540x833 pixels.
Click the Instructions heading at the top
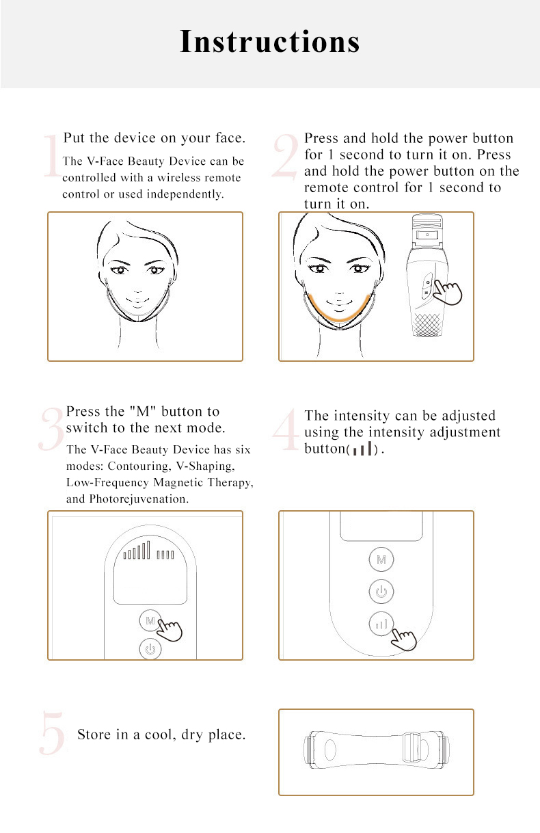tap(269, 42)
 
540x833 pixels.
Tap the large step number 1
tap(51, 157)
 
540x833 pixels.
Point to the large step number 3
tap(51, 430)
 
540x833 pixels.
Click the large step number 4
tap(285, 431)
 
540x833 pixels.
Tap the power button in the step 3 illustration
tap(150, 648)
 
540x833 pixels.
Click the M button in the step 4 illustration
tap(381, 559)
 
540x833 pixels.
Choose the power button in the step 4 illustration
tap(381, 591)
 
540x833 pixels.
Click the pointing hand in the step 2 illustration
tap(448, 293)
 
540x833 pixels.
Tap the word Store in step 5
tap(94, 735)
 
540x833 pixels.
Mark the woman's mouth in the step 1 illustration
tap(140, 298)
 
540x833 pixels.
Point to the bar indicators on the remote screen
tap(149, 551)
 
